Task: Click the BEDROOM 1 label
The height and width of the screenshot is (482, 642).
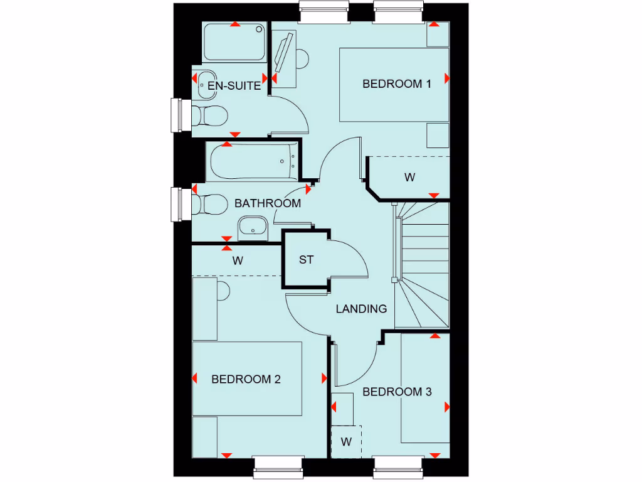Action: [x=397, y=84]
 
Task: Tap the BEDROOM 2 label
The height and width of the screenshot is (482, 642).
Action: [x=246, y=379]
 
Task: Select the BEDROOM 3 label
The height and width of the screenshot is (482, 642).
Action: [x=397, y=392]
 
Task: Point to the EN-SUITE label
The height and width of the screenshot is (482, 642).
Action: [x=234, y=86]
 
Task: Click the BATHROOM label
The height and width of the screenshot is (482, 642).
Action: [x=268, y=203]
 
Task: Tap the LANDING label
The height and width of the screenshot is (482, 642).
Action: [x=361, y=309]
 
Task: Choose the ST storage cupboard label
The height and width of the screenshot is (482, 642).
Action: [x=306, y=260]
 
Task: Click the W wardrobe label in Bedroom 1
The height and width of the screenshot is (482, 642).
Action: [x=409, y=178]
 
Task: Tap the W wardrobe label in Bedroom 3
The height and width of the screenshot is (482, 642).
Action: [x=346, y=442]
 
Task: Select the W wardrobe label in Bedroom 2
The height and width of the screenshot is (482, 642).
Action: [x=238, y=260]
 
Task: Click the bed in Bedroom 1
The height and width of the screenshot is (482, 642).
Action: [x=394, y=84]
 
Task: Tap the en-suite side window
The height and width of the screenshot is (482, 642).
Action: [x=180, y=115]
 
